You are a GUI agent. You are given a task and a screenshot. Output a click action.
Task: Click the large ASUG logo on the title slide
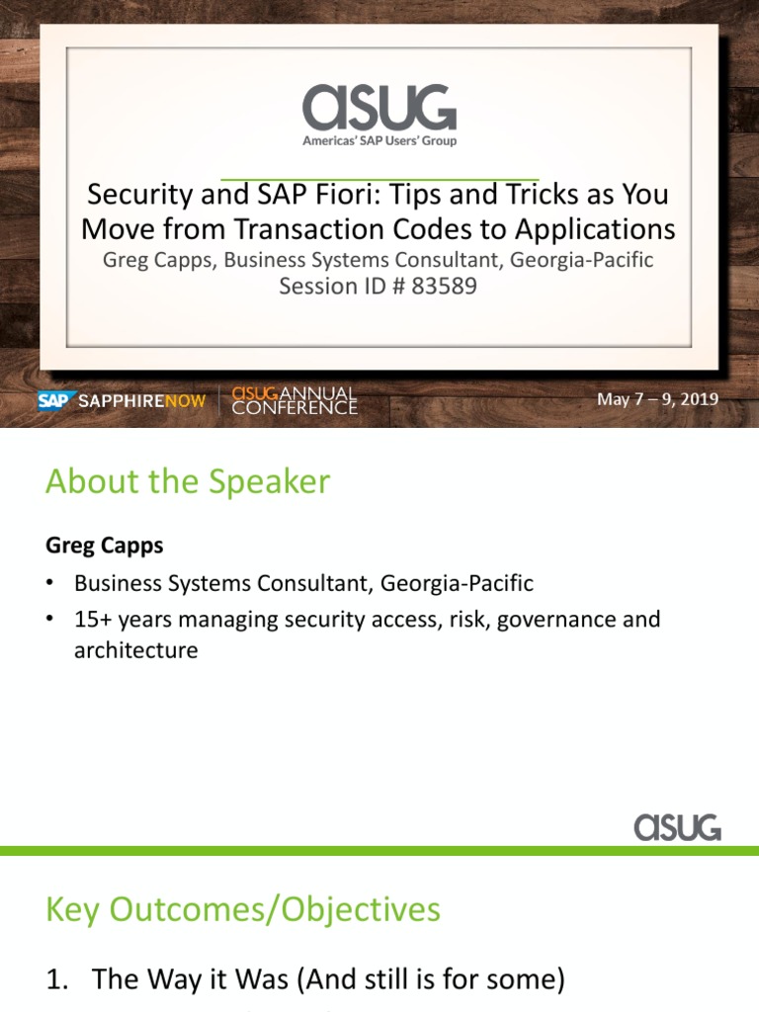pyautogui.click(x=379, y=106)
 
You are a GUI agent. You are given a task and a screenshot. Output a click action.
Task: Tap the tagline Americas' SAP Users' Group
pyautogui.click(x=379, y=140)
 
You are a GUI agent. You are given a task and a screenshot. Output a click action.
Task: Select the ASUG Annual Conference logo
pyautogui.click(x=294, y=400)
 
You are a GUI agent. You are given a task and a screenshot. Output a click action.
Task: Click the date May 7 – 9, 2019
pyautogui.click(x=657, y=400)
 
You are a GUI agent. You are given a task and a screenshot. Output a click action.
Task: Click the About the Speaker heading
pyautogui.click(x=188, y=482)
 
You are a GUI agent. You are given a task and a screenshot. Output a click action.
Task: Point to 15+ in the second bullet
pyautogui.click(x=92, y=621)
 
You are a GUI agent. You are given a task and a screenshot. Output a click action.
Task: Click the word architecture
pyautogui.click(x=135, y=650)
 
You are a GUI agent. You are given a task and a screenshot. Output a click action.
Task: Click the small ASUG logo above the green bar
pyautogui.click(x=677, y=826)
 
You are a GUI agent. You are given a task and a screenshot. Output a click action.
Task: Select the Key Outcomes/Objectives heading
pyautogui.click(x=243, y=908)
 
